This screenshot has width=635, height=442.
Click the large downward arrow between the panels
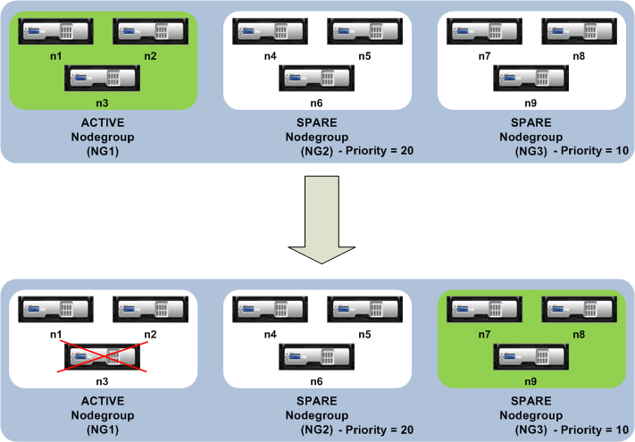pos(322,219)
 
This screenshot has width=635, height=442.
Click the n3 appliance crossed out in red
pos(102,356)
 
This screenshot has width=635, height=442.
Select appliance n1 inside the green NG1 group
pos(56,31)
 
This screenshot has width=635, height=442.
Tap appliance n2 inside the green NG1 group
pos(150,31)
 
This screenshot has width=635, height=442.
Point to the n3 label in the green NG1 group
pos(102,104)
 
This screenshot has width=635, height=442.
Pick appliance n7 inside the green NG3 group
pos(484,310)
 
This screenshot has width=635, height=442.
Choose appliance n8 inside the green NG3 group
pos(579,310)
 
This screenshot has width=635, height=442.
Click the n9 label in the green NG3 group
pos(531,381)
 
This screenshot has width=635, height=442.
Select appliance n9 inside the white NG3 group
pos(531,78)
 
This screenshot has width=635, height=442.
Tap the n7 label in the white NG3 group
pos(484,56)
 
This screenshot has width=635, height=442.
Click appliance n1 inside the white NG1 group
pos(56,310)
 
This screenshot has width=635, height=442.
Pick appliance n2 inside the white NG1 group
pos(150,310)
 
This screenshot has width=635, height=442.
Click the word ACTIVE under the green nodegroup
pos(103,122)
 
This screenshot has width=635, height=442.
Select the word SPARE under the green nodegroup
pos(531,401)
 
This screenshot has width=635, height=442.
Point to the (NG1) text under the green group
pos(103,152)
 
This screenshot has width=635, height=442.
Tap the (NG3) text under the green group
pos(531,429)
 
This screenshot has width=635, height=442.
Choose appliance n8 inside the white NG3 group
pos(579,31)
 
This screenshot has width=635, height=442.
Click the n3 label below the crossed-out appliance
pos(102,381)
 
